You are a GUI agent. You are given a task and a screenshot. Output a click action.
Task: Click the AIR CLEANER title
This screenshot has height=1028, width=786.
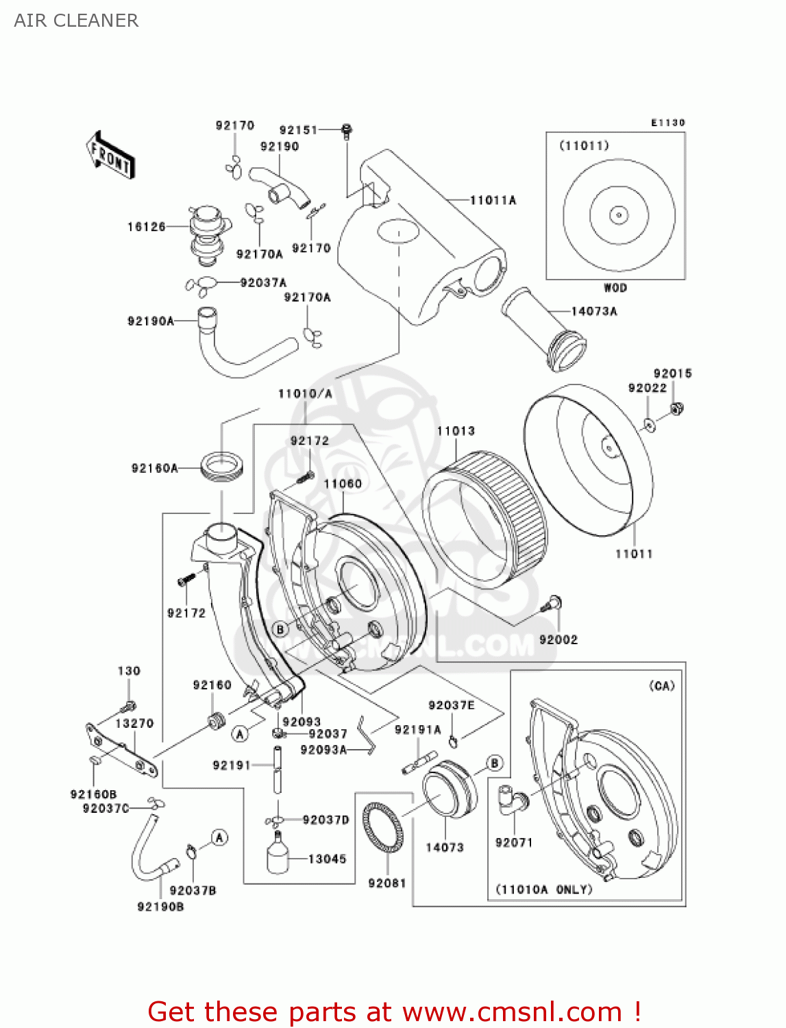click(x=76, y=21)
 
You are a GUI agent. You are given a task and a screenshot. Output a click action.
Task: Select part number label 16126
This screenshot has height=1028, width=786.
click(x=146, y=227)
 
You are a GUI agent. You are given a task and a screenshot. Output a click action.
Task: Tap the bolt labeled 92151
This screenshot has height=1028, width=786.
click(x=347, y=130)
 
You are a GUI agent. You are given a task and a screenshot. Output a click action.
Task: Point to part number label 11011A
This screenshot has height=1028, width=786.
click(x=493, y=200)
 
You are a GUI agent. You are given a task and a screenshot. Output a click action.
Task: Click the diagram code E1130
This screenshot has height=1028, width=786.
click(x=667, y=123)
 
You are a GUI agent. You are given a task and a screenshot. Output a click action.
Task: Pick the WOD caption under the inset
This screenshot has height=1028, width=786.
click(x=615, y=288)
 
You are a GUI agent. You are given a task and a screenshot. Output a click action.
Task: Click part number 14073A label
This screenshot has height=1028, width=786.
click(x=594, y=311)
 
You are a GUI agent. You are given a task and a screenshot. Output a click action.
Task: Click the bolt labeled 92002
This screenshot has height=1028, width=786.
click(x=552, y=604)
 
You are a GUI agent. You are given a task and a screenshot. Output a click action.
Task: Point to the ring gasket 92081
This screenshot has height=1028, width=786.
click(x=383, y=827)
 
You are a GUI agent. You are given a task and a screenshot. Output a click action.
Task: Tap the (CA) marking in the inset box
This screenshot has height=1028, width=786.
click(x=661, y=686)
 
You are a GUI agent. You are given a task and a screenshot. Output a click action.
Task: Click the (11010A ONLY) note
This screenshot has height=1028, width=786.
click(x=543, y=890)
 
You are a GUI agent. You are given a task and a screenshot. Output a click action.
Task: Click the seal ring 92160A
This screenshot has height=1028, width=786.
click(x=221, y=467)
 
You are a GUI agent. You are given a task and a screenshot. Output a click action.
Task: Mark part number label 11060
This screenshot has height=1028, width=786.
click(x=343, y=484)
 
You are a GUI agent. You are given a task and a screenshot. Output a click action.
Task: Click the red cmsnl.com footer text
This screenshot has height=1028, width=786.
click(x=394, y=1012)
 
